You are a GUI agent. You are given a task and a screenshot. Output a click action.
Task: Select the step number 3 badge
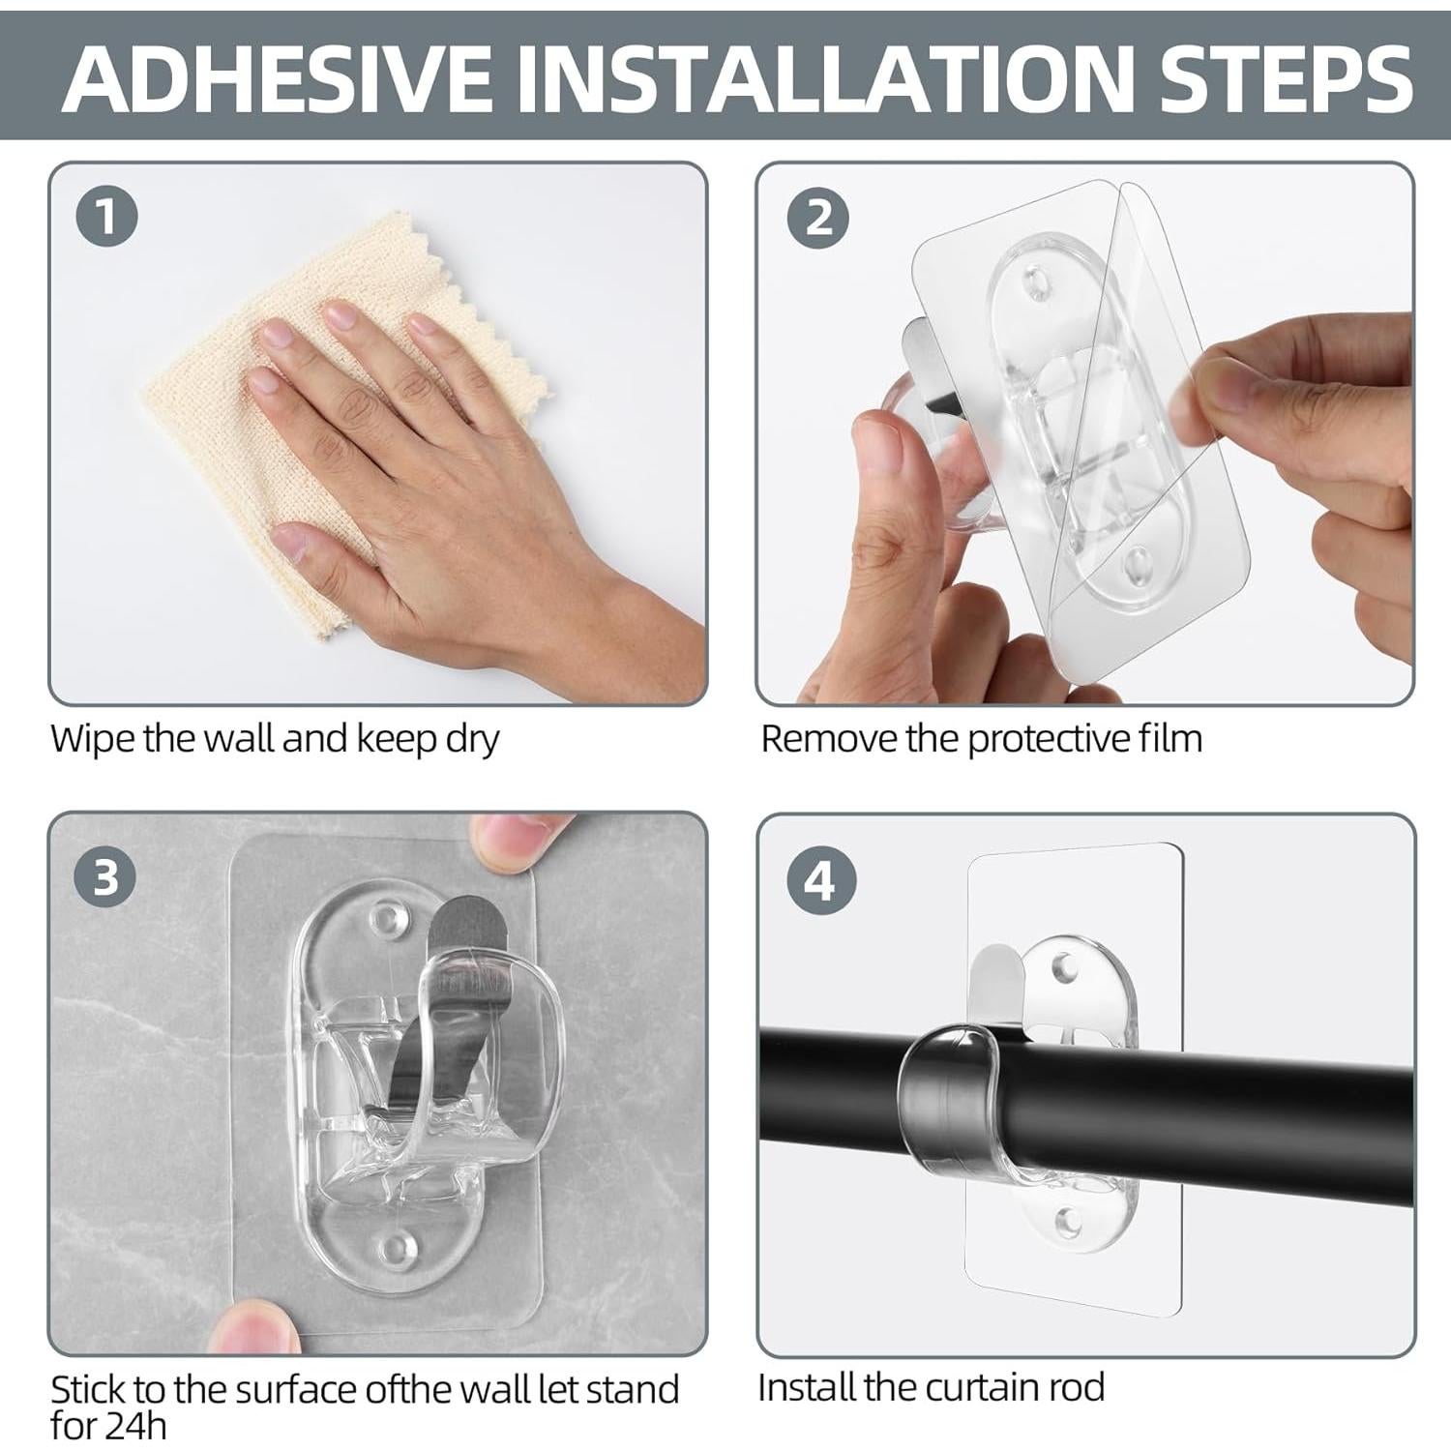(106, 878)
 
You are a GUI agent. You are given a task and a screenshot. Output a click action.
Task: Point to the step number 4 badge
(818, 882)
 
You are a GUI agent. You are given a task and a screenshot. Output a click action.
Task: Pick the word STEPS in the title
(1288, 76)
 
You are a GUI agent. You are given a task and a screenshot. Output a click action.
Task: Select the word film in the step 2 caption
(1171, 738)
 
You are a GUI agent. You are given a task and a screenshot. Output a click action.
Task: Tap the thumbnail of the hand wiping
(378, 433)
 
